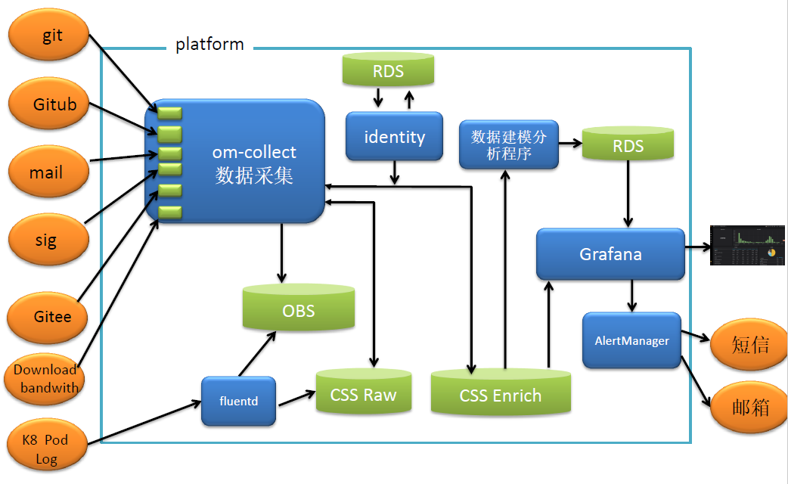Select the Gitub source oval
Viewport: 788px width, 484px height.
51,105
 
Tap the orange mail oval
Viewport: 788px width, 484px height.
47,172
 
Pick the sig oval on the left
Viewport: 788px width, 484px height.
47,240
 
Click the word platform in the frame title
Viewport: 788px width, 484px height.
209,45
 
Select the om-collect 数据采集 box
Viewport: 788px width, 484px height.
242,163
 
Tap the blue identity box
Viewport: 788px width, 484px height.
394,137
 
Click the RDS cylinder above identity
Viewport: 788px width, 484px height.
388,71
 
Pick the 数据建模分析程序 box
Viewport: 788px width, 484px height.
508,144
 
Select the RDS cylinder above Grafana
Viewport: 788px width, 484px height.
628,145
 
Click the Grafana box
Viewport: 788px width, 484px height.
610,254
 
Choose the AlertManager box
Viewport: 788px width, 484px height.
631,340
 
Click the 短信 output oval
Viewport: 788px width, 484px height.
749,345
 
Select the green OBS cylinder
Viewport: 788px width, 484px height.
299,309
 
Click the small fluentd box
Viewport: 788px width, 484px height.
238,400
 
